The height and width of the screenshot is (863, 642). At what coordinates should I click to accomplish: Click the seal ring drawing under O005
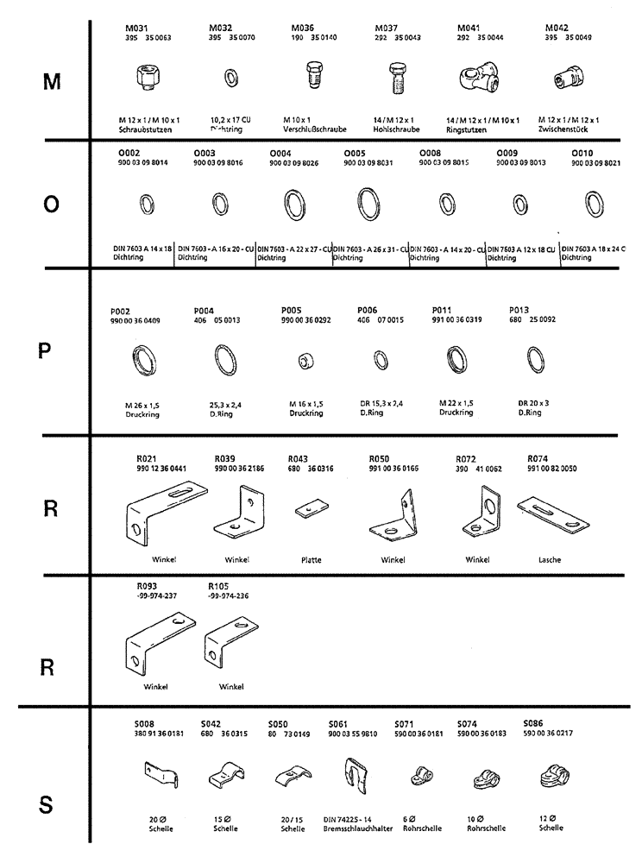pyautogui.click(x=370, y=209)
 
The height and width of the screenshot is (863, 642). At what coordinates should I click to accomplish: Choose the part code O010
pyautogui.click(x=583, y=152)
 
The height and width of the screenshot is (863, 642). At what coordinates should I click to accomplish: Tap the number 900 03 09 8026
pyautogui.click(x=294, y=162)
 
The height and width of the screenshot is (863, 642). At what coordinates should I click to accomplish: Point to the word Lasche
pyautogui.click(x=549, y=560)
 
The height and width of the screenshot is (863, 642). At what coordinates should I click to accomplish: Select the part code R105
pyautogui.click(x=217, y=586)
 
